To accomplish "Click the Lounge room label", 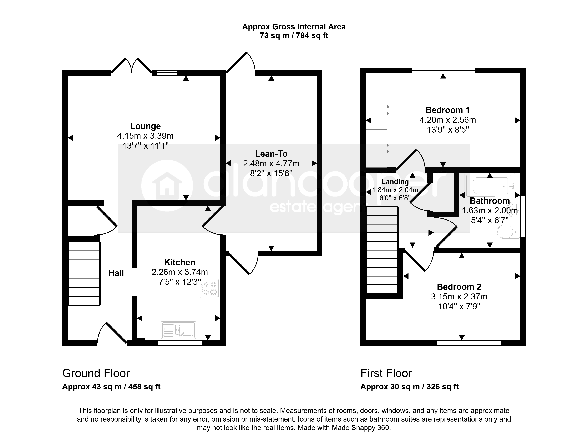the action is pos(145,126).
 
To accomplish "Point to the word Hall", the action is pos(116,273).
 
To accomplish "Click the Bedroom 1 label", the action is pos(448,110).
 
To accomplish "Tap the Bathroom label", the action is pos(490,201).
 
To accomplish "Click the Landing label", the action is pos(395,182).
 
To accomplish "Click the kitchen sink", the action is pos(178,330).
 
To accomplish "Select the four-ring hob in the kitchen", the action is pos(209,288).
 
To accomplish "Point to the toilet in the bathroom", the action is pos(508,232).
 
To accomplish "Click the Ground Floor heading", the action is pos(96,373).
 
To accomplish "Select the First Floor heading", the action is pos(386,373).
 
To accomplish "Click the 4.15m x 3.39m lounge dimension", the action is pos(145,136).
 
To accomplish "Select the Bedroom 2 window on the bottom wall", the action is pos(469,343).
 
